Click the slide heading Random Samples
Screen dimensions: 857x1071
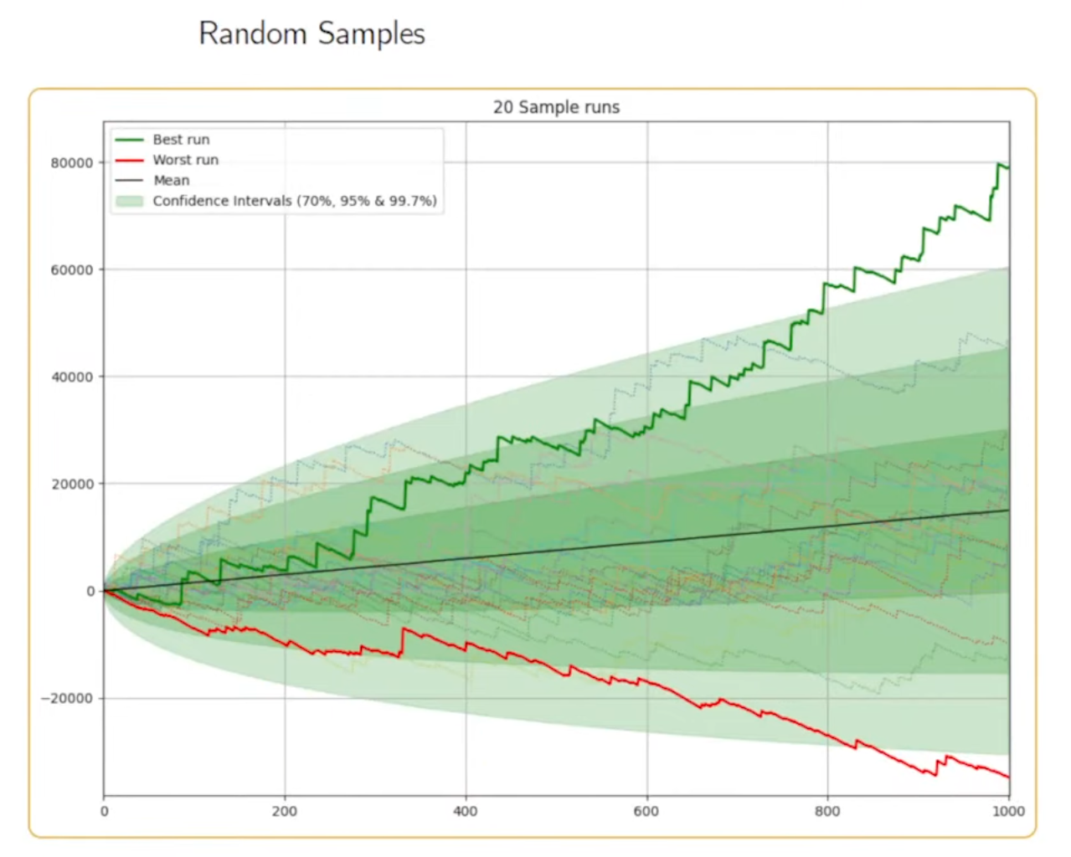click(x=312, y=34)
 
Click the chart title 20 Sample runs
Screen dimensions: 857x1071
click(x=556, y=107)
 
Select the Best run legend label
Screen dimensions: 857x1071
click(x=181, y=140)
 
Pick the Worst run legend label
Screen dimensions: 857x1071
click(x=185, y=160)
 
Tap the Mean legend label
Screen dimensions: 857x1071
click(x=171, y=180)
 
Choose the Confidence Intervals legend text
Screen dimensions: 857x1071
click(x=294, y=201)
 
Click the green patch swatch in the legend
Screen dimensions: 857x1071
click(x=129, y=201)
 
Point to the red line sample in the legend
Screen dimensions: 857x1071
click(x=129, y=160)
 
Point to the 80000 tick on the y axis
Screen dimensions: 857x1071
click(x=72, y=163)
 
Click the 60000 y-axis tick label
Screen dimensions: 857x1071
click(x=72, y=270)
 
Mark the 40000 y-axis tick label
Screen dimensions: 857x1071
click(x=72, y=377)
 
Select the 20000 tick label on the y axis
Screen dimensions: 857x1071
click(x=72, y=485)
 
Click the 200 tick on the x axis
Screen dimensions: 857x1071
click(x=285, y=811)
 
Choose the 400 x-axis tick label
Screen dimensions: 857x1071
click(x=466, y=811)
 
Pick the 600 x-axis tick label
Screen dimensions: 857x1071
click(x=646, y=811)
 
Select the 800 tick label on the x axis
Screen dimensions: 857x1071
click(x=827, y=811)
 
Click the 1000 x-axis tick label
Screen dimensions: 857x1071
click(x=1008, y=811)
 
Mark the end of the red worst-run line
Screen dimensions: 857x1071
click(x=1008, y=777)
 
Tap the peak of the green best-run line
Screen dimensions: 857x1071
click(x=1000, y=164)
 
